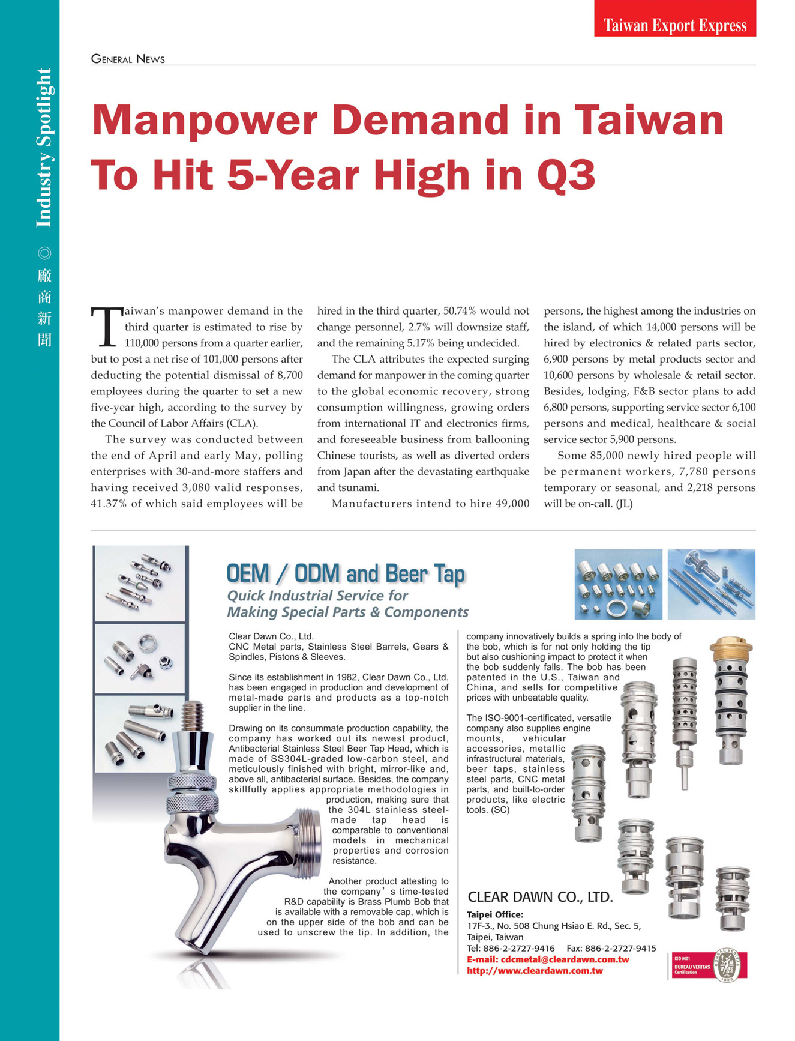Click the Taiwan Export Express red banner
pyautogui.click(x=674, y=25)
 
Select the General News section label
pyautogui.click(x=128, y=59)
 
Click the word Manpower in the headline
pyautogui.click(x=205, y=121)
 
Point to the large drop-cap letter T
pyautogui.click(x=106, y=327)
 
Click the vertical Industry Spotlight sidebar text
pyautogui.click(x=44, y=148)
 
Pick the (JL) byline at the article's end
pyautogui.click(x=624, y=504)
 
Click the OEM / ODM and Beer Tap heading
pyautogui.click(x=346, y=573)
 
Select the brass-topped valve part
pyautogui.click(x=730, y=648)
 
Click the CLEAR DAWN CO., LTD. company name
pyautogui.click(x=540, y=898)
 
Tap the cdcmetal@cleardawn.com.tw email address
pyautogui.click(x=565, y=959)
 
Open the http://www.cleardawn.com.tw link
pyautogui.click(x=535, y=970)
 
